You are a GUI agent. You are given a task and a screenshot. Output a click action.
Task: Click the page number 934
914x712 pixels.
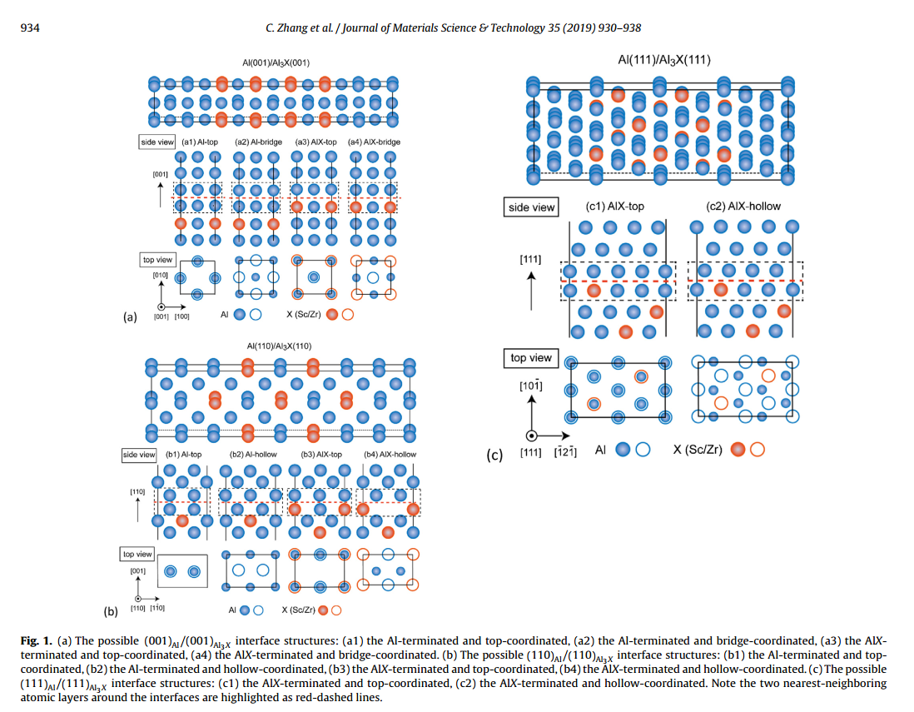(x=29, y=28)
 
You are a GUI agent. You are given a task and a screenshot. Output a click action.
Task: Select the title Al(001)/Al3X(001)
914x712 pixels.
(x=276, y=62)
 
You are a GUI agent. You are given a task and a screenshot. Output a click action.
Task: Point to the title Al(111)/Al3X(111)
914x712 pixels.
(x=663, y=60)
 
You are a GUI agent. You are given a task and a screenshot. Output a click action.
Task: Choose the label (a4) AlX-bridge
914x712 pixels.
(x=374, y=142)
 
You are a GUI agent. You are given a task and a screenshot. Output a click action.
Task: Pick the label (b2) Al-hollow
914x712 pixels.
(x=251, y=455)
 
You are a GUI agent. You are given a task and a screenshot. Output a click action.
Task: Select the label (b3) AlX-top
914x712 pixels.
(x=321, y=455)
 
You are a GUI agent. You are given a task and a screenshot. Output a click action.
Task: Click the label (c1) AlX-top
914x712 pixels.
(x=615, y=207)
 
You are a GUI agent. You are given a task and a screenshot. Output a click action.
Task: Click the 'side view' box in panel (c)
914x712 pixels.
(x=531, y=207)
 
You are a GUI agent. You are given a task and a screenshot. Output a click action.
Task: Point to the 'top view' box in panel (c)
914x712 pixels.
(x=530, y=358)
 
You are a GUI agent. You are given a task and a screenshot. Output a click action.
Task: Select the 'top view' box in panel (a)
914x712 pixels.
(x=157, y=261)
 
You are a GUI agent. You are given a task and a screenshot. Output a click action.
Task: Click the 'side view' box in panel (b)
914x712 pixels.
(x=139, y=455)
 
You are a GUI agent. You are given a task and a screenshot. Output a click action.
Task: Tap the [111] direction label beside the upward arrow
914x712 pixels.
(x=529, y=261)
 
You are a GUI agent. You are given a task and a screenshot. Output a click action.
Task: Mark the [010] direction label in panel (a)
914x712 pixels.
(x=161, y=275)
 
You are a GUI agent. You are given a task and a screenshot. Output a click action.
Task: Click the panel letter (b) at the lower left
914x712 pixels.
(x=111, y=612)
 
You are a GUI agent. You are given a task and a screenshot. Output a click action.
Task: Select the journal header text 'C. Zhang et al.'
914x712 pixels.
(x=296, y=28)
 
